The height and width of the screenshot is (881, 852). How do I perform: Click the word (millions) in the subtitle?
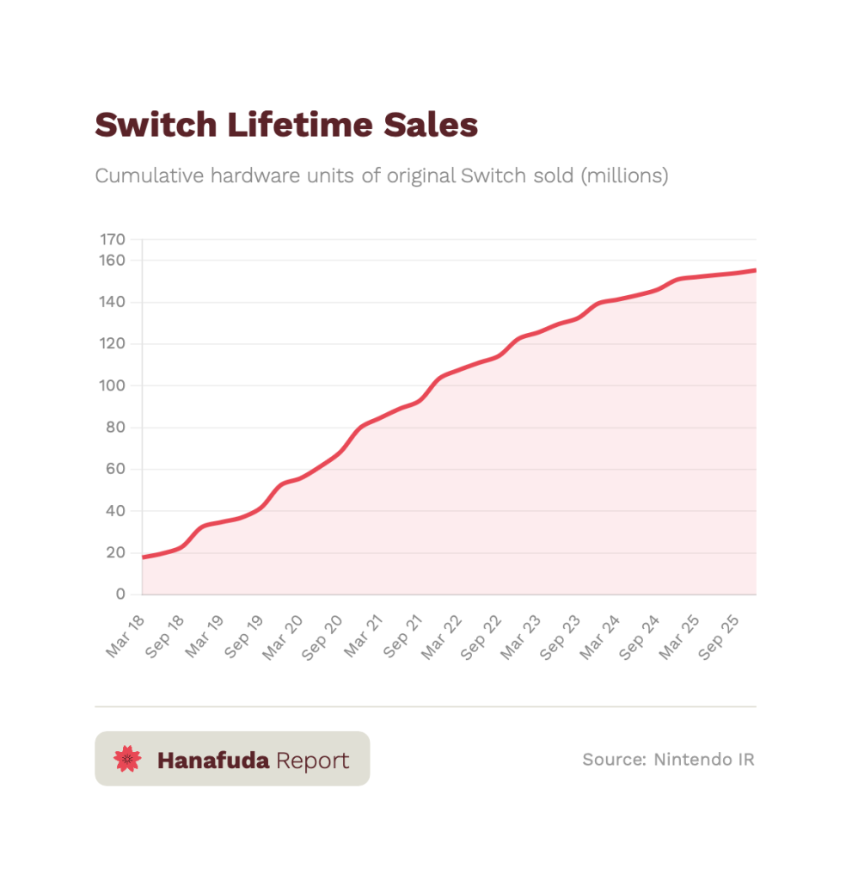624,176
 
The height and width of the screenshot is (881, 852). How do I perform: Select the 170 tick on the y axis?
113,239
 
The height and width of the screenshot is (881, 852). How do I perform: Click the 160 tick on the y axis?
113,260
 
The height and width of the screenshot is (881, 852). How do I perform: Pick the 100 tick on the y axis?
113,385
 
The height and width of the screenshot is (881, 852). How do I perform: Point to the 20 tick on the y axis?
116,552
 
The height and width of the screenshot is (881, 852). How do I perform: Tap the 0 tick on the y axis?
120,595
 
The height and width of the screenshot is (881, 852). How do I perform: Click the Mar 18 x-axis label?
126,637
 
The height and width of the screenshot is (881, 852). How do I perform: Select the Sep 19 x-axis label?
244,637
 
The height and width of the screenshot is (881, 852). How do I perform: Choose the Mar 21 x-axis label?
363,637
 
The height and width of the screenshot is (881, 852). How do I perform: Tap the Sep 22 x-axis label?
481,637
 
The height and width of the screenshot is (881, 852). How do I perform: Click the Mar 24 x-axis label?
599,637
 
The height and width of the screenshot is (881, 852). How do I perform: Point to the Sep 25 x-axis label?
718,637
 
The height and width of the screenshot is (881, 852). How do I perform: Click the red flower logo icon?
127,759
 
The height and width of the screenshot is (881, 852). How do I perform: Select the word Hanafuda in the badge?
213,761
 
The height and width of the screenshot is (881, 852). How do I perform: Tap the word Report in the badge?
313,761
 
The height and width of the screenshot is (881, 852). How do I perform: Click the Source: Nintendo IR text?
668,760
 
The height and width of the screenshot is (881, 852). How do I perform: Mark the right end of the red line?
756,270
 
